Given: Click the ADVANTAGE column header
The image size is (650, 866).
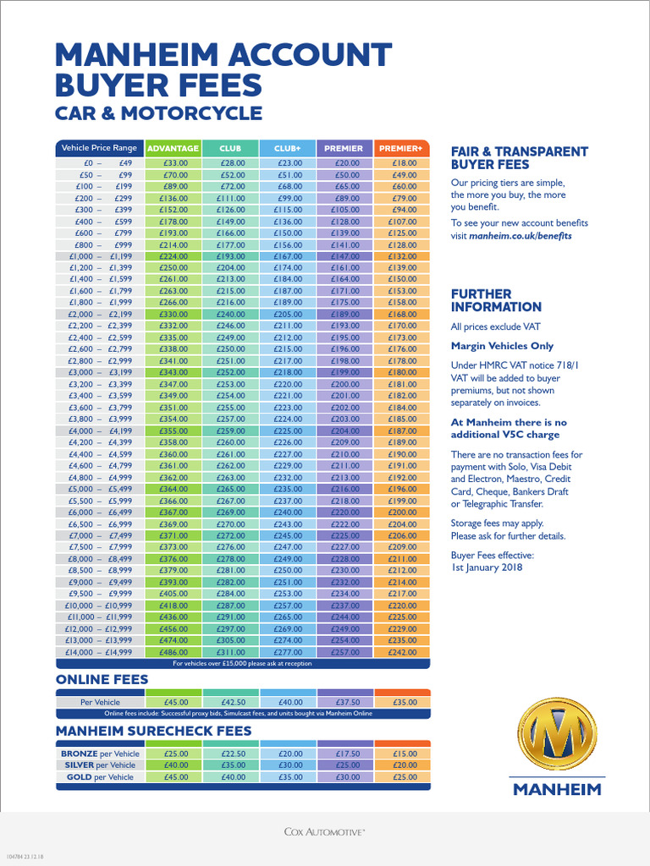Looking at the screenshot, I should tap(174, 148).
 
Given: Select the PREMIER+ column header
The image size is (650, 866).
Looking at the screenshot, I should tap(401, 148).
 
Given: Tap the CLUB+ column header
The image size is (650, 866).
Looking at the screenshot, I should tap(288, 148).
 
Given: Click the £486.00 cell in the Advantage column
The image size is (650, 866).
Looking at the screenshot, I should tap(174, 652).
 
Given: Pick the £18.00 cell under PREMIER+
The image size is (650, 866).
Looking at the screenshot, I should tap(401, 163).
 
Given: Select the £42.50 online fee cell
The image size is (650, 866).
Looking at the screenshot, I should tap(231, 702).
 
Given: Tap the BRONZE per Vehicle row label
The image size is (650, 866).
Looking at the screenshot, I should tap(100, 754).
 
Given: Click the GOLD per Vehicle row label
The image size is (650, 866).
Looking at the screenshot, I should tap(100, 777).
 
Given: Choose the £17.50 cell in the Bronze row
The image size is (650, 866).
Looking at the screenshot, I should tap(346, 754).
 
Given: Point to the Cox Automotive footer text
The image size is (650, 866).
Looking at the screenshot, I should tap(325, 832).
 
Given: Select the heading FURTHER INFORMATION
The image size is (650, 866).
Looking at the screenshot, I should tap(496, 300).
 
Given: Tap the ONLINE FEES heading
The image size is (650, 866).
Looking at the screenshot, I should tap(102, 679).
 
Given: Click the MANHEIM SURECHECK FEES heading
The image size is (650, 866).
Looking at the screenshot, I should tap(153, 730).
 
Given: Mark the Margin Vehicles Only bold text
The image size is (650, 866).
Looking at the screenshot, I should tap(502, 345).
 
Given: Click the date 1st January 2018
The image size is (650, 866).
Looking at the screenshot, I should tap(488, 567).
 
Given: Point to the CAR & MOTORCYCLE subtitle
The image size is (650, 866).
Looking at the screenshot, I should tap(158, 113).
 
